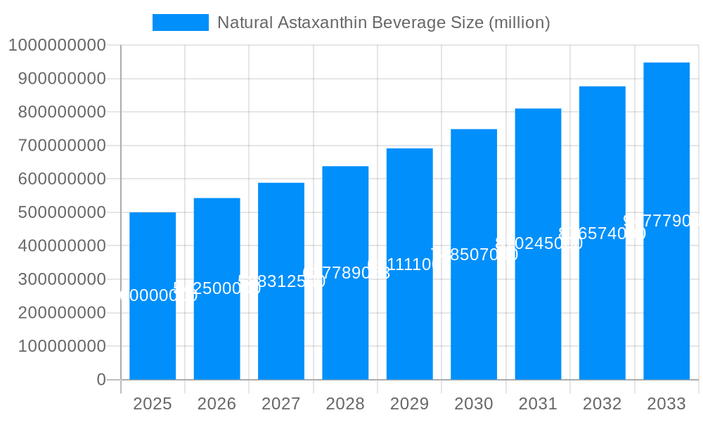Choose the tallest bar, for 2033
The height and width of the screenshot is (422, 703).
point(666,295)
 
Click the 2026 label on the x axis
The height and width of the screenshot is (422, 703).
point(217,404)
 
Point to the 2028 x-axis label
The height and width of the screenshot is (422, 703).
point(345,404)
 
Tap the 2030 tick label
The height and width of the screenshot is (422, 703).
point(474,404)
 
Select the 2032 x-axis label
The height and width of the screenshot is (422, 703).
point(602,404)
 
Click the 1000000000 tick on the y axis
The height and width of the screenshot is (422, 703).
point(57,45)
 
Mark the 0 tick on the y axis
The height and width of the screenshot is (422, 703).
point(101,380)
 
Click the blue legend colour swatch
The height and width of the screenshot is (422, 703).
point(181,23)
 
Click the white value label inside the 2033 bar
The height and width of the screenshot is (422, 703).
point(662,221)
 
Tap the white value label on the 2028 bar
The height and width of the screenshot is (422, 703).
point(346,274)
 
